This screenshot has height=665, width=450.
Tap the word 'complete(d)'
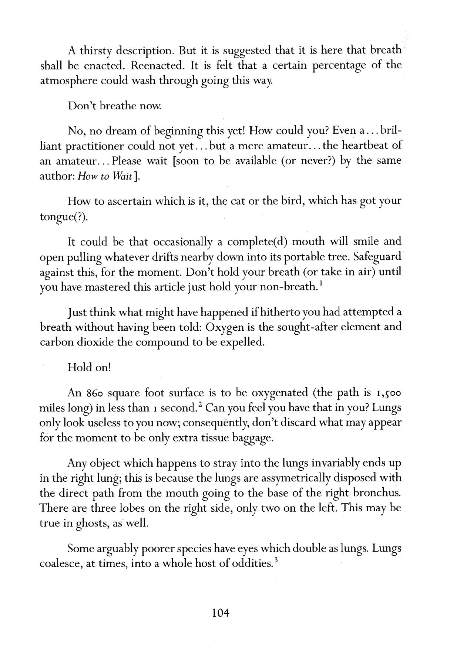coord(253,242)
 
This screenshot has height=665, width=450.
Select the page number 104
coord(221,613)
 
